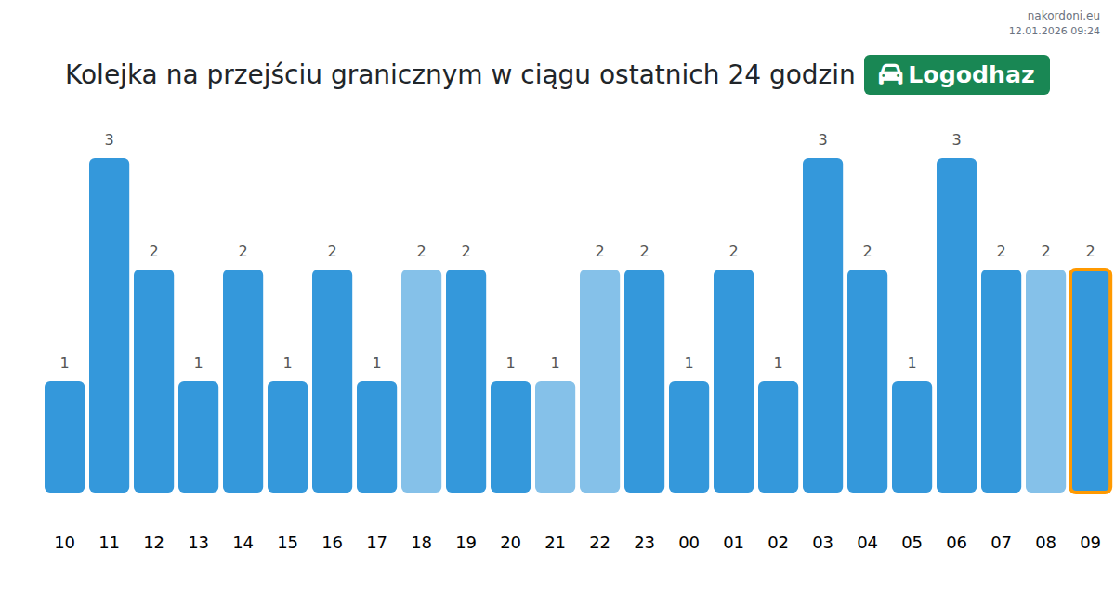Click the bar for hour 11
pos(109,325)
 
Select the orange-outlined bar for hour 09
pos(1090,381)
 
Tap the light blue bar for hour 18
pos(421,381)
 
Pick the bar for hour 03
pos(822,325)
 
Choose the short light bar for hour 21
pos(555,437)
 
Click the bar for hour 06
pos(956,325)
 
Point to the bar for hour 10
pos(64,437)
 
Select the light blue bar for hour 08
pos(1045,381)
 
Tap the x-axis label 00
pos(689,543)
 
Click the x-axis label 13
pos(198,543)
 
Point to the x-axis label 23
pos(644,543)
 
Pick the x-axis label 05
pos(912,543)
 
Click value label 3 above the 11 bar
pos(109,140)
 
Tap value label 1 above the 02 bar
pos(778,363)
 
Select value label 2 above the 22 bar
pos(599,252)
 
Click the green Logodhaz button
pos(956,75)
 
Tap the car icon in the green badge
pos(890,75)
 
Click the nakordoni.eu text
pos(1063,16)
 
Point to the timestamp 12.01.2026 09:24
pos(1054,31)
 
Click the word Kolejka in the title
pos(111,75)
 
